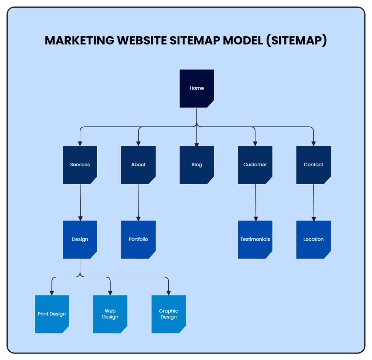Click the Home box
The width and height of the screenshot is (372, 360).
197,88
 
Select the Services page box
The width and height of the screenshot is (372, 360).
80,165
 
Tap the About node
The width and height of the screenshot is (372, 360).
138,165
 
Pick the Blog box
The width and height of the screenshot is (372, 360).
197,165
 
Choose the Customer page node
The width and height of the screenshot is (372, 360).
255,165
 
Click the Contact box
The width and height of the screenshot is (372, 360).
313,165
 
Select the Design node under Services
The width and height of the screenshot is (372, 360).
80,239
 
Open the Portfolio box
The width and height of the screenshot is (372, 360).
138,239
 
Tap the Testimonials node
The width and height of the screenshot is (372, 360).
255,239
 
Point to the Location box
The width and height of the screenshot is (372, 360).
313,239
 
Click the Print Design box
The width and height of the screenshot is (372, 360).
52,314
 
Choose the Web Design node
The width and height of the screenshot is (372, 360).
110,314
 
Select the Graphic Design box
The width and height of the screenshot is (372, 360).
168,314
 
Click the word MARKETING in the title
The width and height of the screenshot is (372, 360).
79,41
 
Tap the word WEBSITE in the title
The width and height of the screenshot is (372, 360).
142,41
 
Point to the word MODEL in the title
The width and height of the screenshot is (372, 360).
243,41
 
